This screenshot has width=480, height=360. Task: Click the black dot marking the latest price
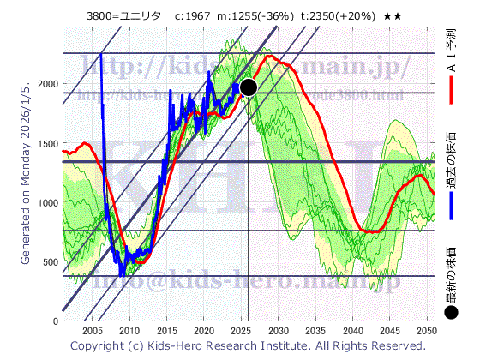point(249,87)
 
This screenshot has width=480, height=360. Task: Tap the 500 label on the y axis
point(48,261)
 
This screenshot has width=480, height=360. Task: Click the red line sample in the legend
point(451,87)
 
